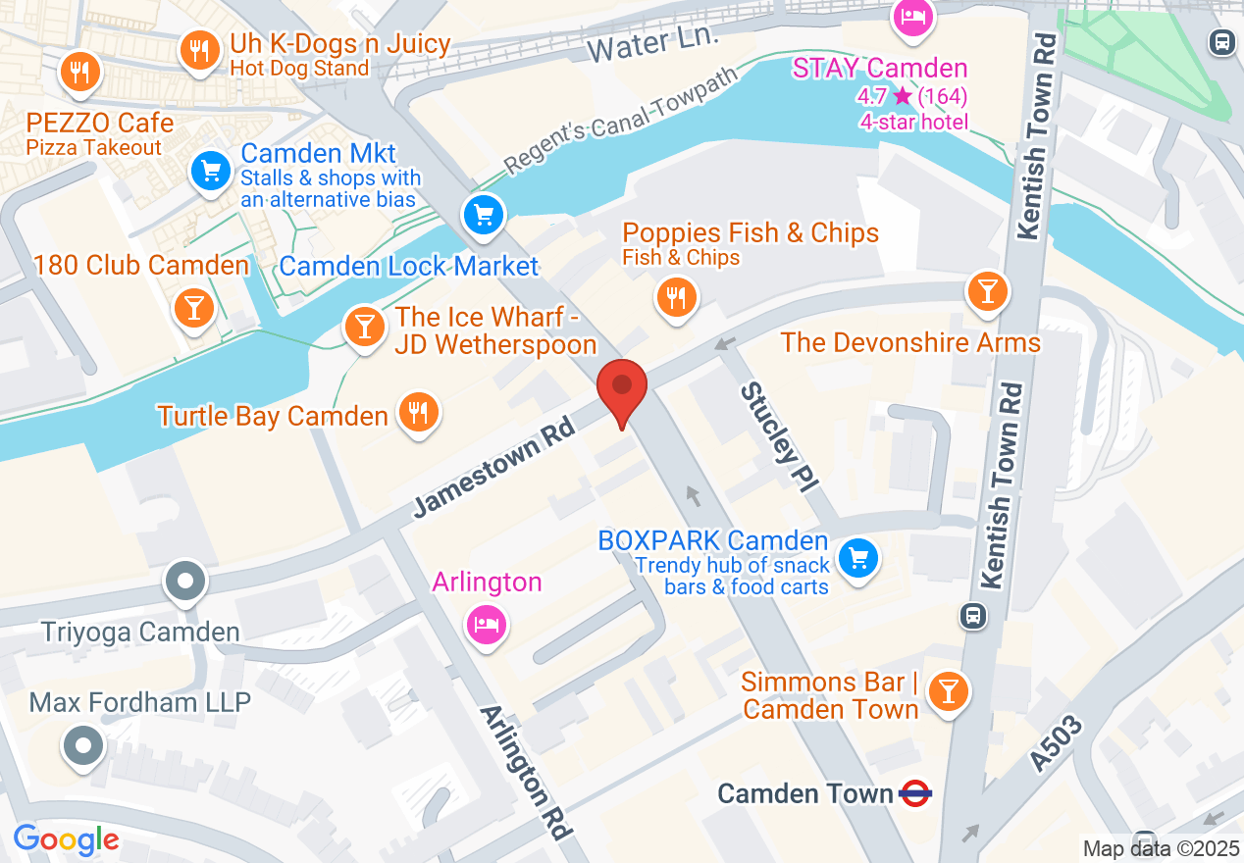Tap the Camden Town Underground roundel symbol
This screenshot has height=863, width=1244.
click(x=914, y=793)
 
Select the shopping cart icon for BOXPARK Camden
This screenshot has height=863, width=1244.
click(x=858, y=560)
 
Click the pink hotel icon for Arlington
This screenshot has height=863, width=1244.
click(x=488, y=622)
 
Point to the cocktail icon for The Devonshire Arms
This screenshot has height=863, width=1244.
click(x=987, y=291)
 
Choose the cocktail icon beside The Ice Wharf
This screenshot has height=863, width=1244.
click(x=365, y=327)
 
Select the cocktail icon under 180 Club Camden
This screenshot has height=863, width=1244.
click(x=193, y=308)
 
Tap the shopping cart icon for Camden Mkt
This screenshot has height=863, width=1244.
click(x=210, y=172)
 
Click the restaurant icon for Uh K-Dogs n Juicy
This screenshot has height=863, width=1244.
click(x=200, y=51)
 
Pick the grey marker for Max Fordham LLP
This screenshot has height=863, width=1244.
click(x=83, y=746)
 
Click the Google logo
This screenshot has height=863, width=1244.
click(x=66, y=840)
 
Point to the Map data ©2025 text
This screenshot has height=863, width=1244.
click(x=1161, y=849)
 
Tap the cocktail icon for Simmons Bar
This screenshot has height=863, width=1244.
click(x=948, y=691)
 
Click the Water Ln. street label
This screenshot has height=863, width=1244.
click(x=654, y=44)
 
